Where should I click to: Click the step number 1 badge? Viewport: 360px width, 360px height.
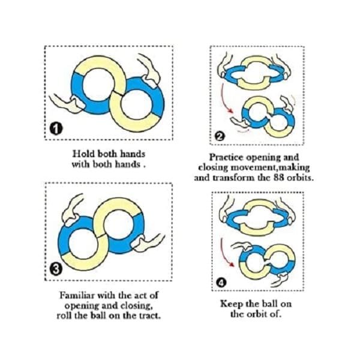(56, 128)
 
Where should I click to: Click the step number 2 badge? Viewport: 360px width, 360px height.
(219, 137)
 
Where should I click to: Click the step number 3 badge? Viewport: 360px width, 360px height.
(56, 269)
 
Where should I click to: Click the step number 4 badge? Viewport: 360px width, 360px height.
(221, 283)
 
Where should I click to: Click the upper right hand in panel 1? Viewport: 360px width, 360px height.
(149, 70)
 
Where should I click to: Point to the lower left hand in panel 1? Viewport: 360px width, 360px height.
(67, 103)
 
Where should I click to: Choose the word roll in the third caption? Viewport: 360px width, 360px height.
(65, 316)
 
